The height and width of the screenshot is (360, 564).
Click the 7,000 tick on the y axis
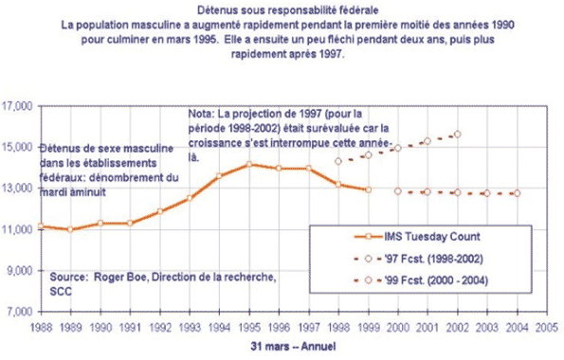(19, 312)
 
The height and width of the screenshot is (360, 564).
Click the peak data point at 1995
(250, 165)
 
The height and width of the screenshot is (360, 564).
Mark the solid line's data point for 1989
(69, 230)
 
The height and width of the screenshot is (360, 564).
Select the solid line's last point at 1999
(368, 189)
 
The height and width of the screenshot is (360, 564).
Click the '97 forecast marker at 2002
(457, 135)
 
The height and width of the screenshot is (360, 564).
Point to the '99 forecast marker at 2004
(516, 193)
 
